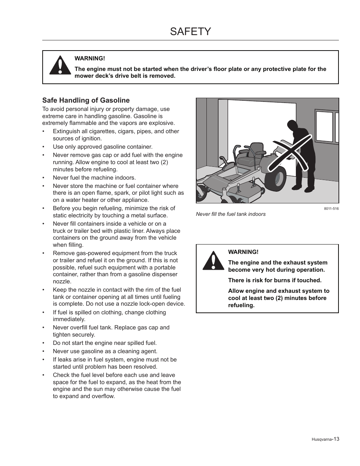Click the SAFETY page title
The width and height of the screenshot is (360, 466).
[190, 31]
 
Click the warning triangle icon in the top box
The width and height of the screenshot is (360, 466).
[60, 66]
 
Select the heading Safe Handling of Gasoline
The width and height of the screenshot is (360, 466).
[86, 100]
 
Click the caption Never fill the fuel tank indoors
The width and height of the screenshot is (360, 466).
[231, 214]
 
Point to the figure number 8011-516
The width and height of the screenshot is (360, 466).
[331, 209]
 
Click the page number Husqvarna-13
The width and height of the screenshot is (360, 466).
[325, 439]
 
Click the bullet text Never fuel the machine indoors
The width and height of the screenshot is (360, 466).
[94, 178]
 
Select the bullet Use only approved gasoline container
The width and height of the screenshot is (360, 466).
[103, 147]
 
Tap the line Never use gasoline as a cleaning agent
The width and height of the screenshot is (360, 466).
[105, 351]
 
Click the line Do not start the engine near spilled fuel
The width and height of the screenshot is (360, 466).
[105, 343]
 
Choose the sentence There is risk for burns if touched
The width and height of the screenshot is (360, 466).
[275, 280]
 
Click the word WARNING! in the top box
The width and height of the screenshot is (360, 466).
[89, 58]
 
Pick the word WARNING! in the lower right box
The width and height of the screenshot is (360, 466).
[243, 252]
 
